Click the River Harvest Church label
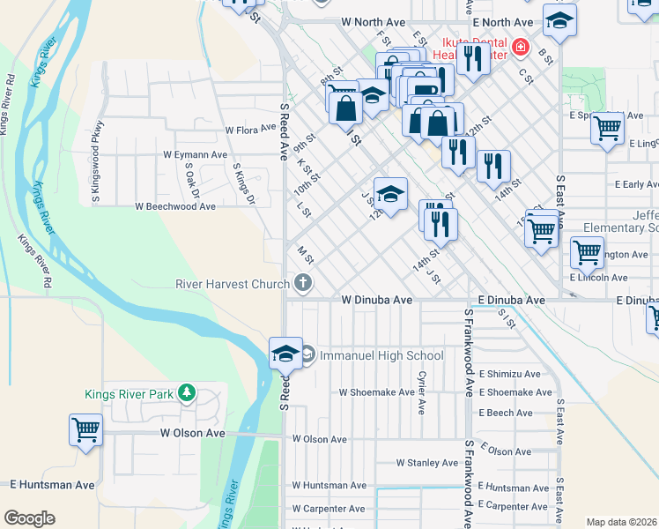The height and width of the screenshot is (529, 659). click(x=233, y=284)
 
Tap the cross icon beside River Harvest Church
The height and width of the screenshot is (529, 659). click(x=303, y=283)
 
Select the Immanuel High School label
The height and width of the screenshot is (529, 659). click(x=381, y=355)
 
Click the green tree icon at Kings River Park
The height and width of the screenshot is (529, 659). click(x=187, y=392)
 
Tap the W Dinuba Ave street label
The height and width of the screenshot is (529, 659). click(x=377, y=300)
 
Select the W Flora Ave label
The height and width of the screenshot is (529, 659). click(x=250, y=130)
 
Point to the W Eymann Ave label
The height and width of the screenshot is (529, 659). click(x=195, y=154)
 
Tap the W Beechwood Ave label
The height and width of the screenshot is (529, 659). click(x=174, y=206)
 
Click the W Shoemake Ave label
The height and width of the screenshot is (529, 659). click(x=376, y=392)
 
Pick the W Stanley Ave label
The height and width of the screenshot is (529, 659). click(x=430, y=462)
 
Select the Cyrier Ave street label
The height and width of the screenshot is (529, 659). click(x=423, y=393)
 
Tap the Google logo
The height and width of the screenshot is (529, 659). click(x=29, y=518)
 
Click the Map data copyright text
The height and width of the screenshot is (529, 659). click(x=621, y=522)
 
